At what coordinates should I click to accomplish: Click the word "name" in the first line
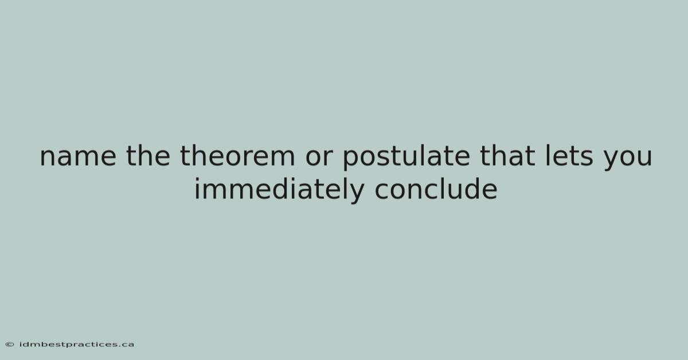pyautogui.click(x=78, y=156)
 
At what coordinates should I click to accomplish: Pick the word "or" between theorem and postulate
pyautogui.click(x=319, y=156)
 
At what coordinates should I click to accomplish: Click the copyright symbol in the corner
pyautogui.click(x=10, y=345)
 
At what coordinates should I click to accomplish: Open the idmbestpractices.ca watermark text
pyautogui.click(x=76, y=345)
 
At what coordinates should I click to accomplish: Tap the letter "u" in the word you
pyautogui.click(x=644, y=158)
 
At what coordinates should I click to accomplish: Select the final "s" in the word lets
pyautogui.click(x=586, y=157)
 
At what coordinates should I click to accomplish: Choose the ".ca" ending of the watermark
pyautogui.click(x=126, y=345)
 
